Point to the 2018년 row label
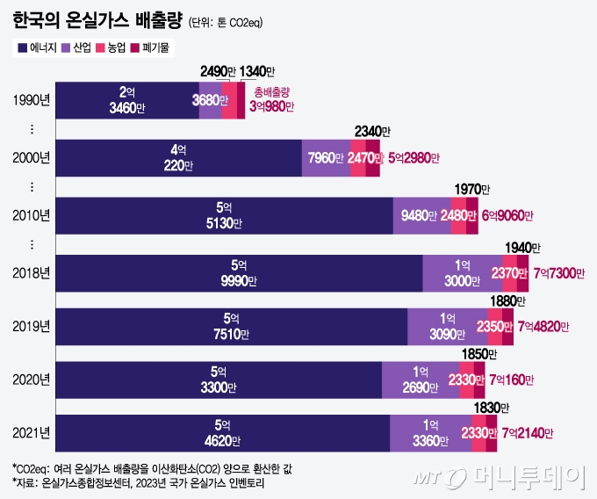tap(32, 272)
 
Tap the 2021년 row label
tap(32, 432)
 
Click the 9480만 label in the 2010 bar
tap(420, 215)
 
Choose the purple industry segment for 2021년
tap(430, 432)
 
